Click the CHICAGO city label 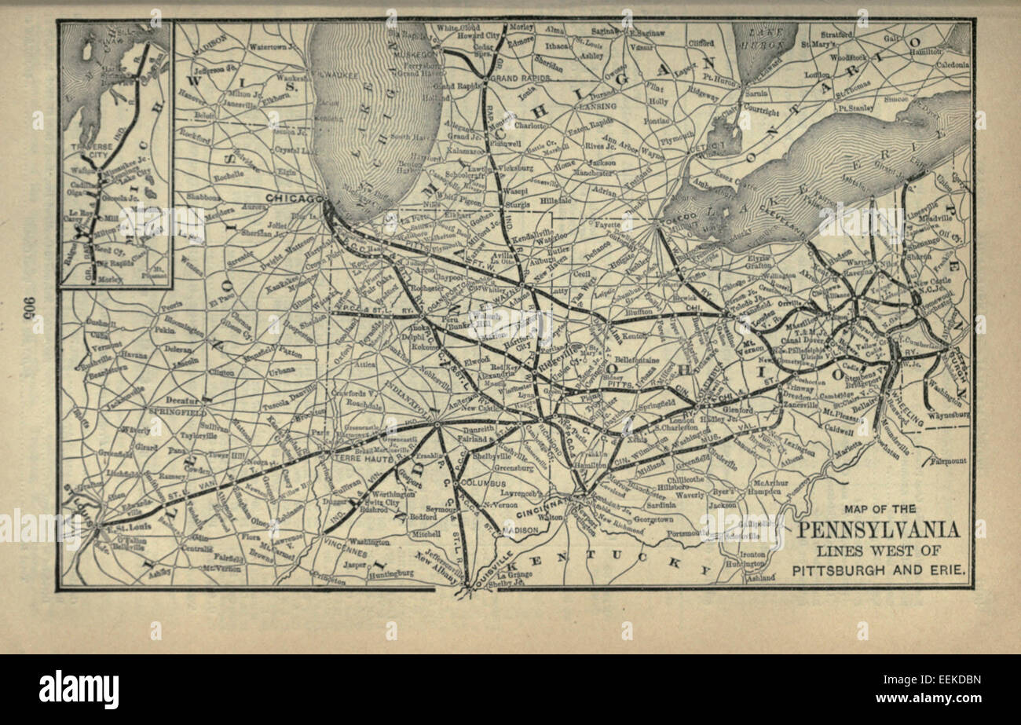[x=294, y=197]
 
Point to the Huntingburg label [x=390, y=574]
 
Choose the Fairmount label [x=949, y=461]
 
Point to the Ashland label [x=759, y=577]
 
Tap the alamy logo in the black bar [x=79, y=690]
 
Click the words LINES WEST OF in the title [x=877, y=551]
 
